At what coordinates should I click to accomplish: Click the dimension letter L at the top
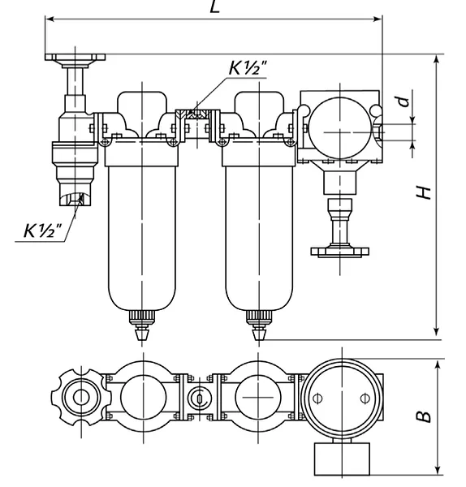pyautogui.click(x=214, y=6)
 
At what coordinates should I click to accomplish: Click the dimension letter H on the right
pyautogui.click(x=424, y=193)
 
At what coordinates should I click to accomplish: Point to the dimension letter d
pyautogui.click(x=403, y=101)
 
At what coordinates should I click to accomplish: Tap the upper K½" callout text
pyautogui.click(x=248, y=67)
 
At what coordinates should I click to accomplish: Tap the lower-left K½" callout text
pyautogui.click(x=43, y=231)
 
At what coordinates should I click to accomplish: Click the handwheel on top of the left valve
pyautogui.click(x=76, y=58)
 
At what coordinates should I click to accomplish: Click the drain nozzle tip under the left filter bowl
pyautogui.click(x=141, y=334)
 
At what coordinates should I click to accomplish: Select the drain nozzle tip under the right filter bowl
pyautogui.click(x=258, y=334)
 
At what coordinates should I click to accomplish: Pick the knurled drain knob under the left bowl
pyautogui.click(x=141, y=317)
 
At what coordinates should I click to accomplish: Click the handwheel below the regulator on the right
pyautogui.click(x=340, y=252)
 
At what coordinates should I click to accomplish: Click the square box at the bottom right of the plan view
pyautogui.click(x=342, y=459)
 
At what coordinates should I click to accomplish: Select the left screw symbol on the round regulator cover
pyautogui.click(x=317, y=399)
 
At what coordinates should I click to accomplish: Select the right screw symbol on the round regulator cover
pyautogui.click(x=365, y=399)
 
